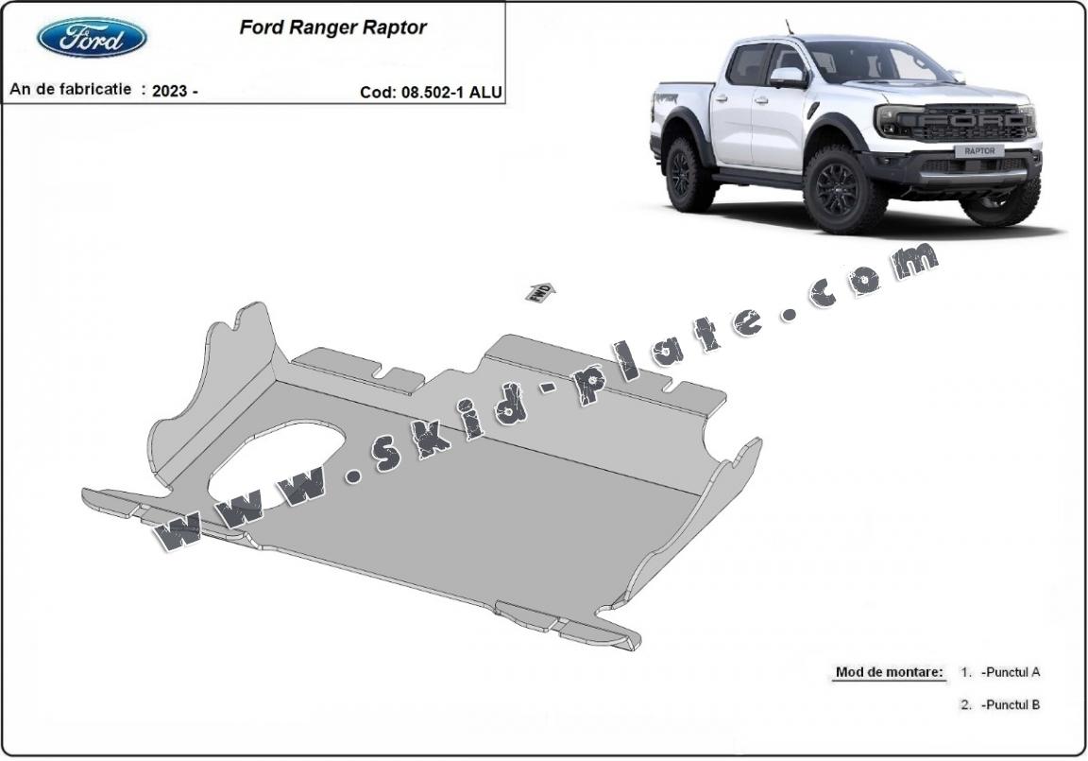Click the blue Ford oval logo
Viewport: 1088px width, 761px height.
point(92,38)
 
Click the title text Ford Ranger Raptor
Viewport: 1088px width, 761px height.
point(333,27)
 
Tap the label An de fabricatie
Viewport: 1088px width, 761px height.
point(70,90)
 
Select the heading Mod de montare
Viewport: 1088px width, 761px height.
point(889,671)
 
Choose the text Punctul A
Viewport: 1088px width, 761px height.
point(1011,671)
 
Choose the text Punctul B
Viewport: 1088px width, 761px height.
point(1011,704)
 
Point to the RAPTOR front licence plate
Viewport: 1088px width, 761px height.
point(979,150)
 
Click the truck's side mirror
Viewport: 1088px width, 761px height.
point(789,77)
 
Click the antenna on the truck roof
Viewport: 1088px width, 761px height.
point(790,27)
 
